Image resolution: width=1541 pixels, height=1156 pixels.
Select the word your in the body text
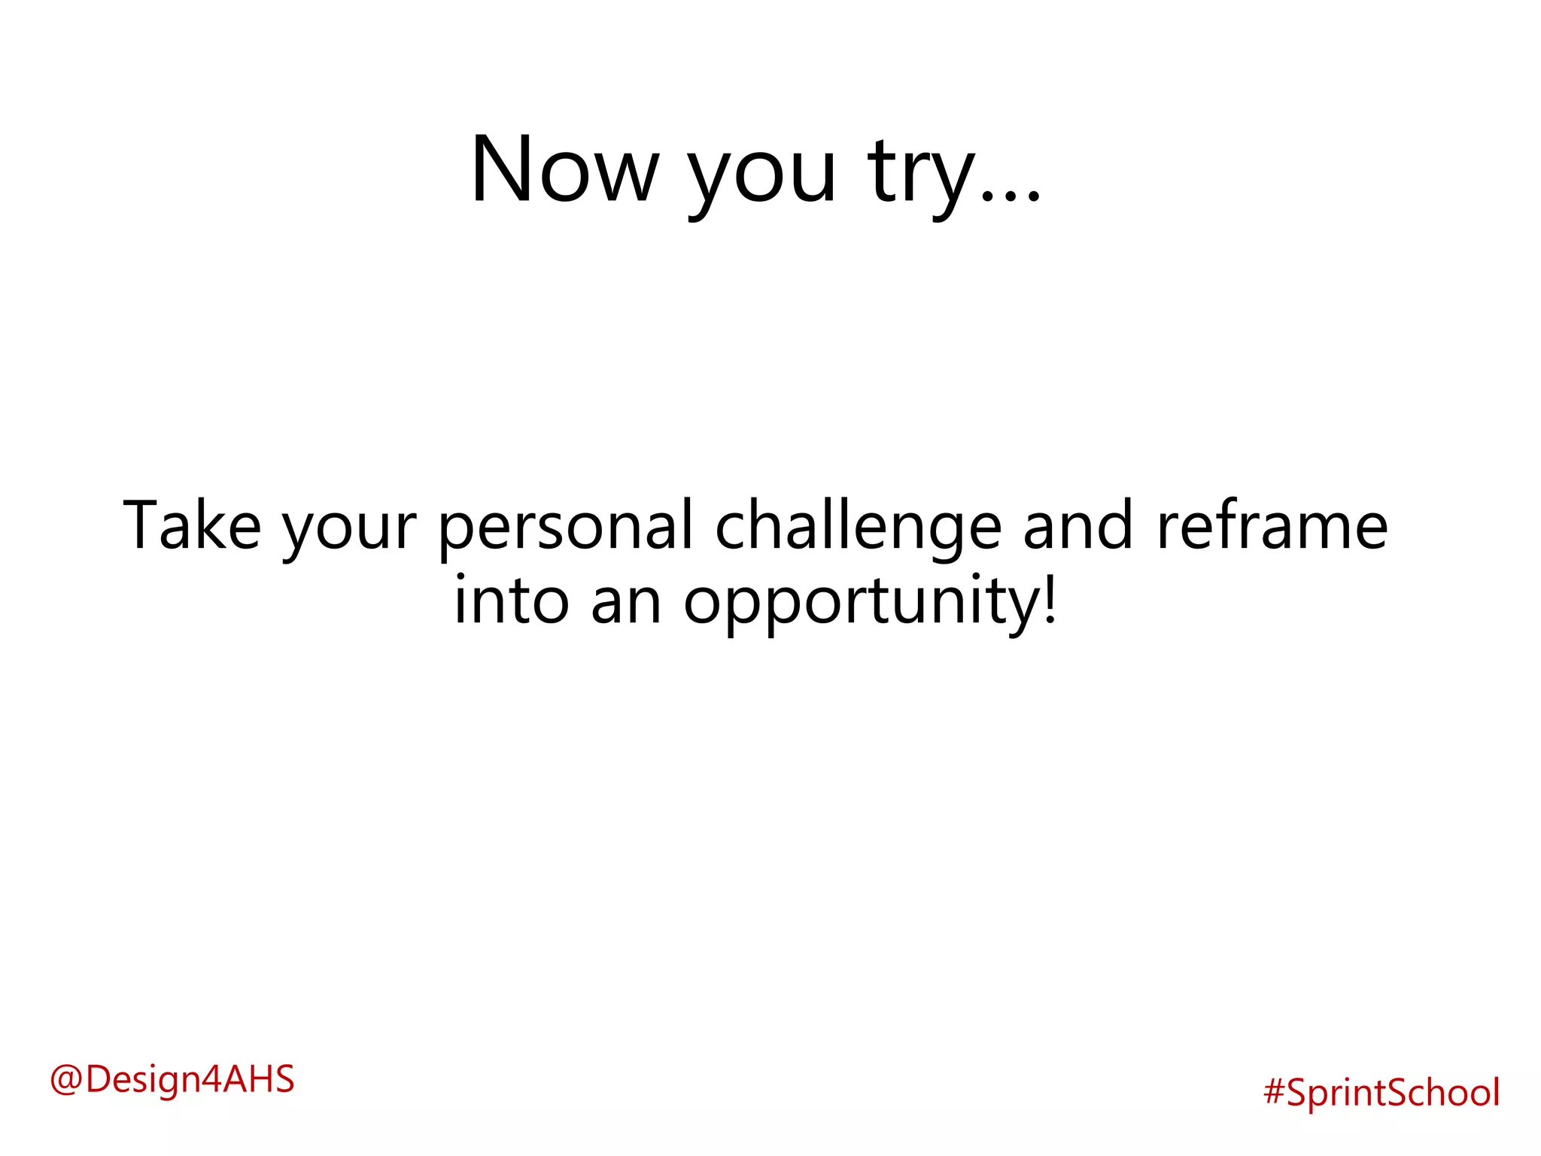pyautogui.click(x=349, y=531)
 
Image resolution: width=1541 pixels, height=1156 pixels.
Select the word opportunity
pyautogui.click(x=862, y=605)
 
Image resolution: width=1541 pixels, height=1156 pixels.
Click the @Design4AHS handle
pyautogui.click(x=172, y=1078)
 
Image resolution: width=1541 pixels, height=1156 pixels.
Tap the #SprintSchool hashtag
pyautogui.click(x=1381, y=1092)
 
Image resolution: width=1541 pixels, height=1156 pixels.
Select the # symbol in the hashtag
pyautogui.click(x=1274, y=1092)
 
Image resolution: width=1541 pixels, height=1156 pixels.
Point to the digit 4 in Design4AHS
pyautogui.click(x=211, y=1078)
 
